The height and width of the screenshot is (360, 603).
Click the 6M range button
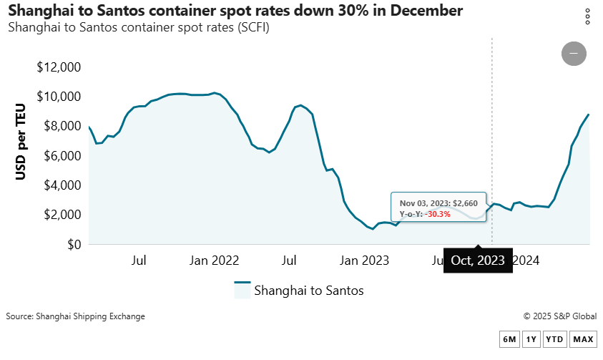point(509,339)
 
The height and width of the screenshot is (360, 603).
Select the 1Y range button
point(531,339)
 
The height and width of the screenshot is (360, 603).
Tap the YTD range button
point(554,339)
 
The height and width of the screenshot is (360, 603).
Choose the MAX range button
point(583,339)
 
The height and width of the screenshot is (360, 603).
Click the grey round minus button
point(574,54)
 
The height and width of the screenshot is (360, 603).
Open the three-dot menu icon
point(587,16)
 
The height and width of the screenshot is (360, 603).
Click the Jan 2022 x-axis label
point(214,260)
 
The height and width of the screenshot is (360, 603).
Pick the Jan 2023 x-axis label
point(364,260)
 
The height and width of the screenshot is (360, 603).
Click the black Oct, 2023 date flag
point(478,261)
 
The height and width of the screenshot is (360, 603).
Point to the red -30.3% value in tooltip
point(438,214)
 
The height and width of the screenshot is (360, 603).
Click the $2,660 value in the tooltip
point(465,203)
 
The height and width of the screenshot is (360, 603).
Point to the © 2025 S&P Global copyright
point(559,316)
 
